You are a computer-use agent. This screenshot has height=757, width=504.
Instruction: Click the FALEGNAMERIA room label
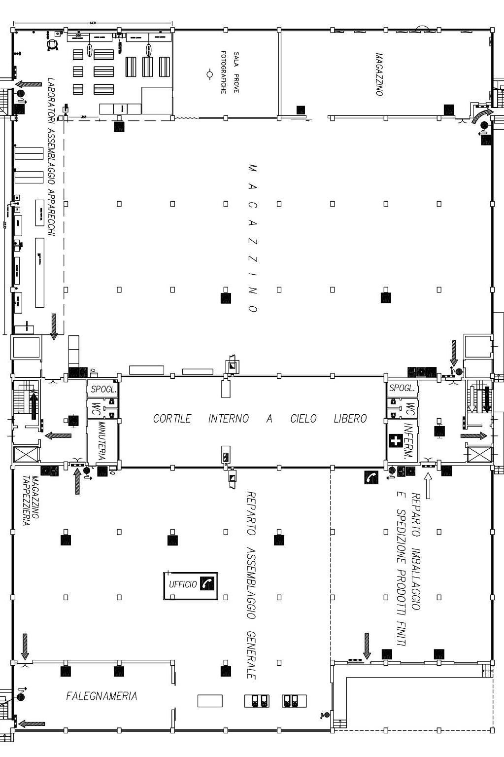(101, 696)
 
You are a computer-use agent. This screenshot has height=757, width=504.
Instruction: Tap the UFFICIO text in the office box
(183, 584)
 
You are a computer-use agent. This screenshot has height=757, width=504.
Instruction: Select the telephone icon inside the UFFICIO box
(207, 583)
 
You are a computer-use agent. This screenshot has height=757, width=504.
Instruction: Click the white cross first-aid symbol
(395, 440)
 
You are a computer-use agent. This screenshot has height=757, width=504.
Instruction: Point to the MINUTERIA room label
(102, 440)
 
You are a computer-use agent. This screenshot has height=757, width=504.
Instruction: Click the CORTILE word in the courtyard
(171, 419)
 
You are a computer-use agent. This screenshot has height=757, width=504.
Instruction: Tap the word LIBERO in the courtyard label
(350, 419)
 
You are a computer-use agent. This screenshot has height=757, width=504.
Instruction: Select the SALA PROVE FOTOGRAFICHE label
(230, 72)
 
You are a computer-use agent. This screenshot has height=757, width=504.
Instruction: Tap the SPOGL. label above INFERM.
(402, 388)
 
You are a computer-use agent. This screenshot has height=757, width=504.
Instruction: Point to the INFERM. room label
(408, 441)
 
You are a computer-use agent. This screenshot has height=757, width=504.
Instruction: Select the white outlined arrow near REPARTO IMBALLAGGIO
(427, 486)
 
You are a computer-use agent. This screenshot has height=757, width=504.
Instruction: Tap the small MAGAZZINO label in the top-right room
(379, 74)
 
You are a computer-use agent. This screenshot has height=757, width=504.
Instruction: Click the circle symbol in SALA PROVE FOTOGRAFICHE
(209, 74)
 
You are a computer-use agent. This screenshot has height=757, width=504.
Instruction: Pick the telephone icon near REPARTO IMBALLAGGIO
(371, 477)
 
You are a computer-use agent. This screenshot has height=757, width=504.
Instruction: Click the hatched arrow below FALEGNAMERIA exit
(32, 724)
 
